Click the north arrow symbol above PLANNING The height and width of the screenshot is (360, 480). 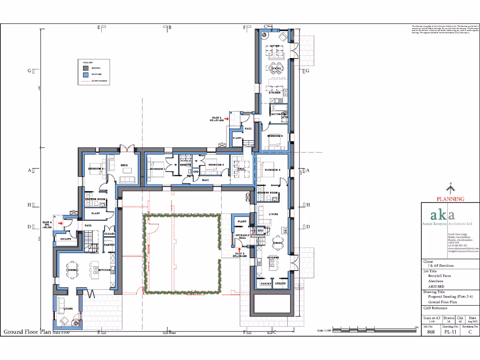pos(450,189)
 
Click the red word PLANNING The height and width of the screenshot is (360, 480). pos(450,199)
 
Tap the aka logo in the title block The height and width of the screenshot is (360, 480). pos(443,215)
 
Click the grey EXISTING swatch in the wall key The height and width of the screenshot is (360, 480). pos(86,68)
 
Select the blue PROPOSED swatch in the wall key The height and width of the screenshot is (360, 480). pos(86,75)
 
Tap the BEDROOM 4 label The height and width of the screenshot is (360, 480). pos(96,168)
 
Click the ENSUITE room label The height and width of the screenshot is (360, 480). pos(185,165)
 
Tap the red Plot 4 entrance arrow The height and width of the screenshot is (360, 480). pos(60,224)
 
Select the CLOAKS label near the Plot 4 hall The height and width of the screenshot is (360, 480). pos(109,233)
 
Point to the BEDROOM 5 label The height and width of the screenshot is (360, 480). pos(274,136)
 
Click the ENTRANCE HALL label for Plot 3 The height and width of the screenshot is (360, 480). pos(243,236)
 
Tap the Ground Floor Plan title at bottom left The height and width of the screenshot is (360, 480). pos(27,332)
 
